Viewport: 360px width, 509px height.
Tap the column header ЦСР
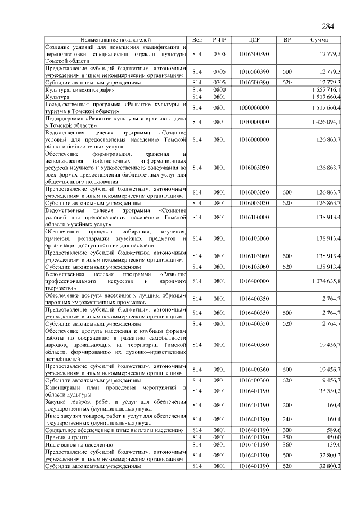click(254, 40)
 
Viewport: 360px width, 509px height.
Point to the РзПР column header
click(219, 40)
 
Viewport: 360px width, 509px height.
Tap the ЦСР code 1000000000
click(254, 107)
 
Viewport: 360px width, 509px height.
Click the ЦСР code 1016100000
click(254, 216)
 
